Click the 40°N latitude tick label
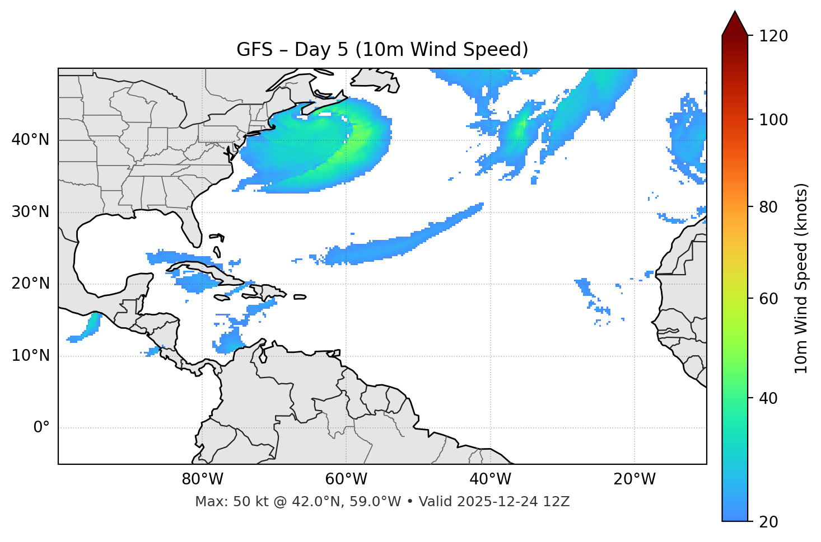(x=30, y=140)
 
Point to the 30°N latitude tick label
(x=30, y=212)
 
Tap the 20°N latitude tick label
(x=30, y=284)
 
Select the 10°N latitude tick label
(x=30, y=356)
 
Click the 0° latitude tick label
(x=41, y=428)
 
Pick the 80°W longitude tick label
(x=202, y=479)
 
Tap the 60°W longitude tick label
(x=346, y=479)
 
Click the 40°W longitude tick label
(x=490, y=479)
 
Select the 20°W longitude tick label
(x=634, y=479)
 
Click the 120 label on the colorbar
(x=773, y=36)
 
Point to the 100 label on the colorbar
(x=773, y=120)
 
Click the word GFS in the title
(x=254, y=50)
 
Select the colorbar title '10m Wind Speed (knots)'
(x=801, y=278)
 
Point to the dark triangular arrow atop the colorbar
(x=735, y=24)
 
